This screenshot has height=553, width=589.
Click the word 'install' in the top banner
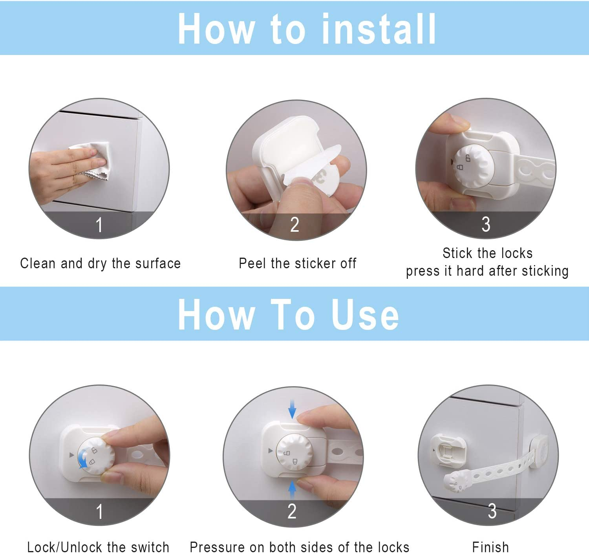[x=379, y=29]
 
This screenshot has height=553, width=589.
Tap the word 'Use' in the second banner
[x=365, y=314]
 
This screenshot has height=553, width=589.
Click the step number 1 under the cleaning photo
[x=99, y=225]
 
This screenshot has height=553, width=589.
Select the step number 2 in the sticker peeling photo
[x=294, y=225]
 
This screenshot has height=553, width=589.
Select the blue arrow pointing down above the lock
[x=292, y=409]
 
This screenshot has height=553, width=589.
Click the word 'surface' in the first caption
[x=158, y=264]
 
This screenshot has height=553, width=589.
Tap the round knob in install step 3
[x=474, y=166]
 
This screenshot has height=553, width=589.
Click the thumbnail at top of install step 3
[x=457, y=121]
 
